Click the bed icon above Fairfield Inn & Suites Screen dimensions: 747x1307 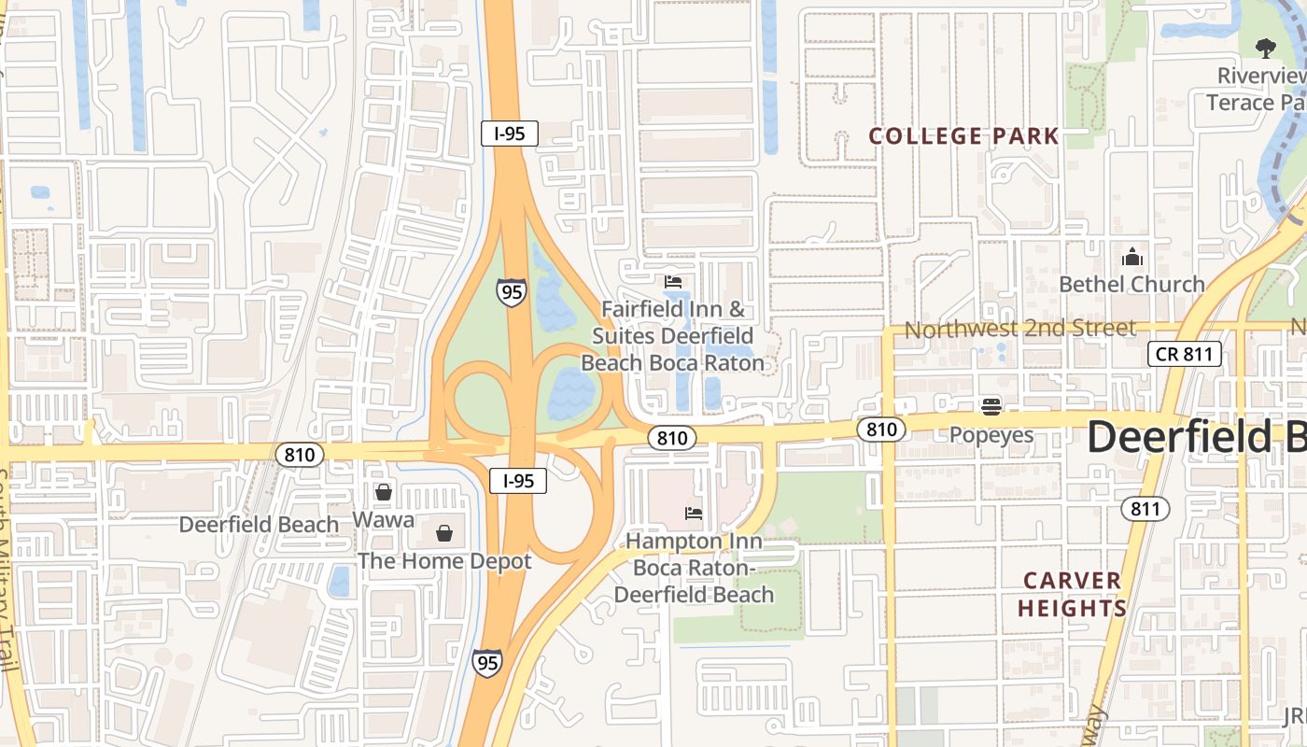point(673,281)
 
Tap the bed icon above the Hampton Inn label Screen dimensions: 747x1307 point(694,513)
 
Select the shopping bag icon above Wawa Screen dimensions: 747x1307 point(384,491)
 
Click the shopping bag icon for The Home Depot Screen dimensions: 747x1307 point(444,533)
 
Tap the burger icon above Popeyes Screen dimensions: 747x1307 point(991,406)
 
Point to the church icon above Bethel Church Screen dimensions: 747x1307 point(1131,256)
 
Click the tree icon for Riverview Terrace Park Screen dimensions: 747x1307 point(1265,48)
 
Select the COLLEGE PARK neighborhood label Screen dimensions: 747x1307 point(963,136)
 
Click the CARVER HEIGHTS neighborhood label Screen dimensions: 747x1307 point(1072,594)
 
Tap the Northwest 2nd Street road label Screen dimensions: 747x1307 point(1019,329)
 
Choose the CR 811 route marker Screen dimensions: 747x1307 point(1184,354)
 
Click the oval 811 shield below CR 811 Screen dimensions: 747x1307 point(1144,508)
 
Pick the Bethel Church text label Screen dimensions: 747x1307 point(1131,284)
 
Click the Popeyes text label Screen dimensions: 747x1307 point(991,435)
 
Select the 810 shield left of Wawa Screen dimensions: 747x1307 point(300,455)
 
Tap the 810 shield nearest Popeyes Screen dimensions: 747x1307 point(880,430)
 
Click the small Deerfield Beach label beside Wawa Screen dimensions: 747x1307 point(259,524)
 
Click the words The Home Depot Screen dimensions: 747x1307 point(444,561)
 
